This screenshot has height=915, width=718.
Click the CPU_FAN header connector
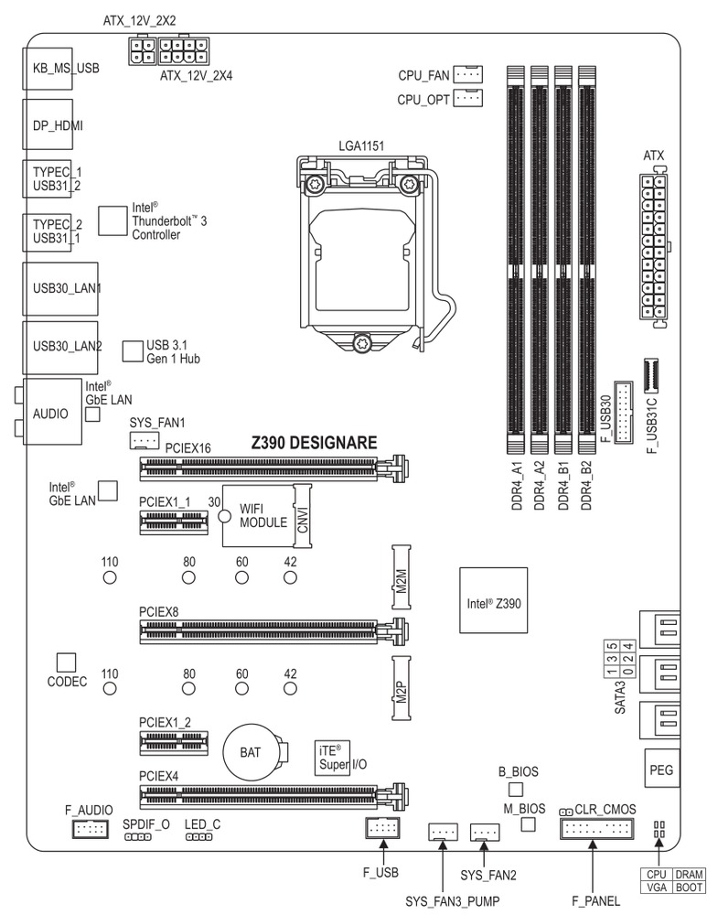coord(468,74)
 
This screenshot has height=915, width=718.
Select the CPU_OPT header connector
coord(468,98)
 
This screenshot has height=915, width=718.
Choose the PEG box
coord(660,770)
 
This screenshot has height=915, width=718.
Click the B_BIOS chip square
coord(516,788)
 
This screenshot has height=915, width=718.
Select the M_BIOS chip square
coord(528,824)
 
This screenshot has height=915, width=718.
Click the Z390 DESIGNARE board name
coord(314,443)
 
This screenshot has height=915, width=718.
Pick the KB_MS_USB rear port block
coord(52,67)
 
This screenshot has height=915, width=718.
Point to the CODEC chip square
coord(65,662)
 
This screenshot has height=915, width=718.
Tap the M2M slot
coord(401,578)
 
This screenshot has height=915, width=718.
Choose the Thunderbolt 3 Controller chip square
coord(111,220)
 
